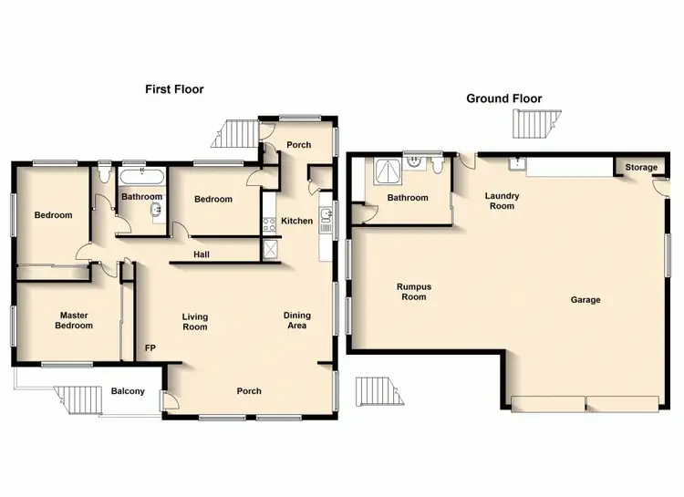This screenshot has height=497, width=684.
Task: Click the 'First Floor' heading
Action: click(x=174, y=89)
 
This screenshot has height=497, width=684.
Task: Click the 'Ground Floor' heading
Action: click(x=503, y=98)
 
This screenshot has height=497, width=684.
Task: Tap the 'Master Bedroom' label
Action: click(x=74, y=320)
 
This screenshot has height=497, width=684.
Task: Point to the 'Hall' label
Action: click(x=202, y=254)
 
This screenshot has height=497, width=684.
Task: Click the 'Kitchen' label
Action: click(x=296, y=221)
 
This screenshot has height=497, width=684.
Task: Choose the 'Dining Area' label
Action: click(x=296, y=320)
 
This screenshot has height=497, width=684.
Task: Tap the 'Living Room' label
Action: click(x=194, y=321)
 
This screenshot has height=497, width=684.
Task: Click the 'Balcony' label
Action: click(x=128, y=391)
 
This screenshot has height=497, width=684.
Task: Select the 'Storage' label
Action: click(x=641, y=168)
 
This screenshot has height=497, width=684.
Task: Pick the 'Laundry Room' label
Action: click(x=500, y=201)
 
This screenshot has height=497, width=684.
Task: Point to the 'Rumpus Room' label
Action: click(x=412, y=291)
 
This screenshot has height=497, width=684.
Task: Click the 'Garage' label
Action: click(x=586, y=299)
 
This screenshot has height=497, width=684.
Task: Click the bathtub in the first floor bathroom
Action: click(x=142, y=176)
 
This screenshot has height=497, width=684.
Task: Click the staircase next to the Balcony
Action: click(x=78, y=399)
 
